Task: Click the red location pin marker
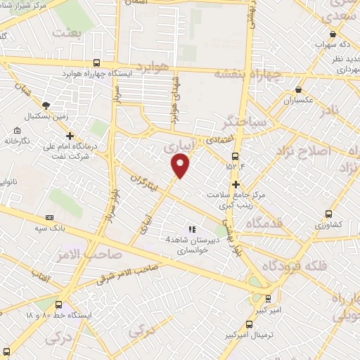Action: pos(181,165)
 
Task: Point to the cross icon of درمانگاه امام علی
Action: pos(70,136)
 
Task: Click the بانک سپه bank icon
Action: pos(50,218)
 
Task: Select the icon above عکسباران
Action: pos(299,90)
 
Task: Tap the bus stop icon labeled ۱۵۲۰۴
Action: pos(236,156)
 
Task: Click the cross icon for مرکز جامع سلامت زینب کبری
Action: pos(236,184)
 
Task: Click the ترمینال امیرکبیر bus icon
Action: pos(249,324)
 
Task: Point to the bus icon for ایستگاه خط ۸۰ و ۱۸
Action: pos(58,305)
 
